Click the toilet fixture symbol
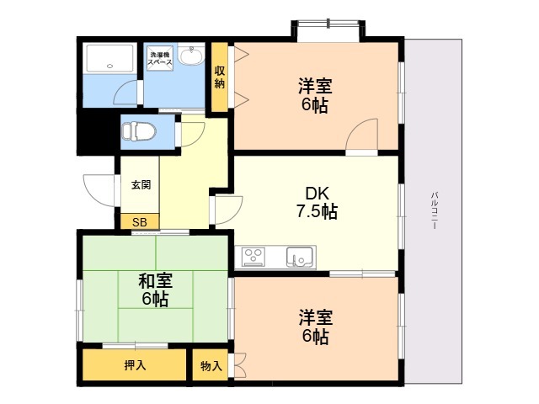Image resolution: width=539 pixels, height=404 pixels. click(138, 131)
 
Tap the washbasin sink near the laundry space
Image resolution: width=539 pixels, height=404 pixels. click(191, 56)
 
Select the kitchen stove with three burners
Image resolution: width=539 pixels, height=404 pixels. click(253, 257)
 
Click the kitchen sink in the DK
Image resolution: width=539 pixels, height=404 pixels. click(300, 257)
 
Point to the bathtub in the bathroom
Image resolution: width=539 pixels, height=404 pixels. click(109, 58)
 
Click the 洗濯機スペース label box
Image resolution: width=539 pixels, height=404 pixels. click(160, 58)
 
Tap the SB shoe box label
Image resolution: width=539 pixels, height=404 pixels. click(140, 222)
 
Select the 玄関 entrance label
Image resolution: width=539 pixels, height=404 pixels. click(141, 185)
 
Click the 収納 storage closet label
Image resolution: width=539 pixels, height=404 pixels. click(219, 77)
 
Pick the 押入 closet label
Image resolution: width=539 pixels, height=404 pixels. click(135, 365)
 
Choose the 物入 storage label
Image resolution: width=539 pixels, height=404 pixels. click(211, 366)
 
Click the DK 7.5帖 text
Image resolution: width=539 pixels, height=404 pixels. click(317, 203)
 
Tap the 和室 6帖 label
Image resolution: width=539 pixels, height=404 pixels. click(155, 290)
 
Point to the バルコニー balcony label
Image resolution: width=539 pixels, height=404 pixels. click(434, 210)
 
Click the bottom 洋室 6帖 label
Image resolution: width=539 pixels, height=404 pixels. click(316, 327)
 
